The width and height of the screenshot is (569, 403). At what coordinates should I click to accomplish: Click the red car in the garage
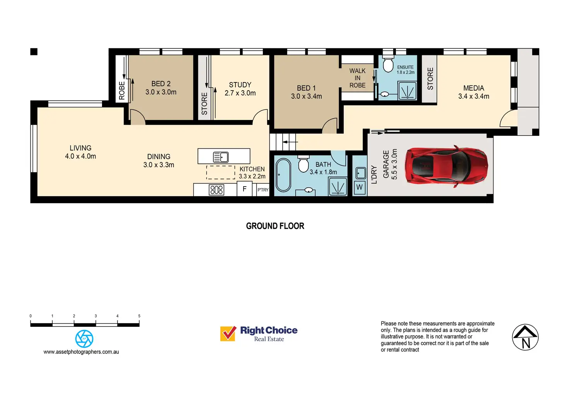click(x=446, y=167)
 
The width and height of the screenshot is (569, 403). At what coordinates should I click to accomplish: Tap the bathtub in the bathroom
click(x=283, y=175)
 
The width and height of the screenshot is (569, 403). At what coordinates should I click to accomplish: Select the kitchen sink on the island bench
click(x=221, y=157)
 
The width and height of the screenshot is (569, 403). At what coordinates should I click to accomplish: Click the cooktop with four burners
click(x=216, y=190)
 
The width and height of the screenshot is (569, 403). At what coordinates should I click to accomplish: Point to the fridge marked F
click(x=244, y=189)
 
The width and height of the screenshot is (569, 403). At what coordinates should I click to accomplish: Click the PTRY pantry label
click(x=263, y=190)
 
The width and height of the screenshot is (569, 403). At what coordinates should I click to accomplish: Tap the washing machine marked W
click(x=359, y=187)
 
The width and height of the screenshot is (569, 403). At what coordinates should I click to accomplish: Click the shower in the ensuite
click(x=407, y=91)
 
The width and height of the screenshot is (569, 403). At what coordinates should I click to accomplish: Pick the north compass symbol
click(x=525, y=337)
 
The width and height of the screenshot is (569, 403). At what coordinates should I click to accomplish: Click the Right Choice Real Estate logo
click(x=259, y=333)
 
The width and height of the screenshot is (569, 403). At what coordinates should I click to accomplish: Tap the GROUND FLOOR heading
click(x=275, y=226)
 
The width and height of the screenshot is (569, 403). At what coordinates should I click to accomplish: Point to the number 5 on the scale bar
click(x=139, y=316)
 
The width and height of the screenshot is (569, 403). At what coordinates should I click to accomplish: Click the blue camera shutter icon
click(x=84, y=339)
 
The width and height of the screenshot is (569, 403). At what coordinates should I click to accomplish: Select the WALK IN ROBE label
click(x=357, y=78)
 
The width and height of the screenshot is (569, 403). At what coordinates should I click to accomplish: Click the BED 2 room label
click(x=161, y=84)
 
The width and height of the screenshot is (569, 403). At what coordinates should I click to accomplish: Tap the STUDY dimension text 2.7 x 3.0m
click(x=240, y=93)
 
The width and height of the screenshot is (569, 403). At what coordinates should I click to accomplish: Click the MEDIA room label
click(x=474, y=88)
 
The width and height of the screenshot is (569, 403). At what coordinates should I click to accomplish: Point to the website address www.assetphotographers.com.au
click(x=81, y=352)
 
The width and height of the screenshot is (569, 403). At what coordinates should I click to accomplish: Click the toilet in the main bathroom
click(x=304, y=164)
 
